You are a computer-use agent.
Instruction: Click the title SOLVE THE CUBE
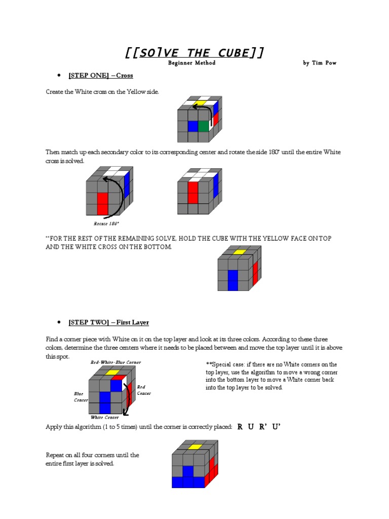point(194,53)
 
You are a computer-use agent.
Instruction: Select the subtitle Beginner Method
point(192,63)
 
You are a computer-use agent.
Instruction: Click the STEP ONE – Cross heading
point(101,76)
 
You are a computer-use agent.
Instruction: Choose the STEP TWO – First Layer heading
point(109,322)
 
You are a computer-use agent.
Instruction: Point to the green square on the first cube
point(204,126)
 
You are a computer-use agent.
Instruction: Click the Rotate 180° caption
point(106,224)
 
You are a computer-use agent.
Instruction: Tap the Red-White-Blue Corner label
point(115,362)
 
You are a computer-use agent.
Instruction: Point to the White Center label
point(105,418)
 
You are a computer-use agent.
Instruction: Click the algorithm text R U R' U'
point(258,427)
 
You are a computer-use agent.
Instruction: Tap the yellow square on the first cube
point(200,103)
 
